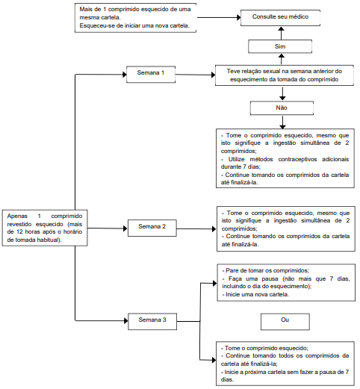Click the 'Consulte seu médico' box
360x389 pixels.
[x=280, y=18]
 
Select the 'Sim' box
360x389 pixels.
[x=280, y=46]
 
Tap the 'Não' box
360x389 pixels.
[x=282, y=108]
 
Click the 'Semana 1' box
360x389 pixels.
[x=151, y=74]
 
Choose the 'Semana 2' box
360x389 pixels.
[x=152, y=228]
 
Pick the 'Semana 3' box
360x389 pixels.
[x=152, y=321]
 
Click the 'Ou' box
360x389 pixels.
[x=285, y=322]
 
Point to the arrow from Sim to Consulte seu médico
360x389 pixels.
[x=281, y=33]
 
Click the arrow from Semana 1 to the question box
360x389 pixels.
[x=196, y=75]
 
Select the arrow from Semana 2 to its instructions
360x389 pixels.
[x=196, y=229]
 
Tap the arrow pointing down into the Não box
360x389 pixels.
[x=282, y=93]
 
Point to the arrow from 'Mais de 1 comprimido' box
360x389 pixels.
[x=219, y=17]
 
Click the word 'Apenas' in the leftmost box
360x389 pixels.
[x=17, y=216]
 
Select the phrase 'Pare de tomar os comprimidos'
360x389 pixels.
[x=267, y=270]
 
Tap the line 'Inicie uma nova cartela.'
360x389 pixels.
[x=257, y=294]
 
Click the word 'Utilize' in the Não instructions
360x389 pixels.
[x=237, y=159]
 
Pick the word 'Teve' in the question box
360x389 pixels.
[x=233, y=71]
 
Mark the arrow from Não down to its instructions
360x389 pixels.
[x=282, y=122]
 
